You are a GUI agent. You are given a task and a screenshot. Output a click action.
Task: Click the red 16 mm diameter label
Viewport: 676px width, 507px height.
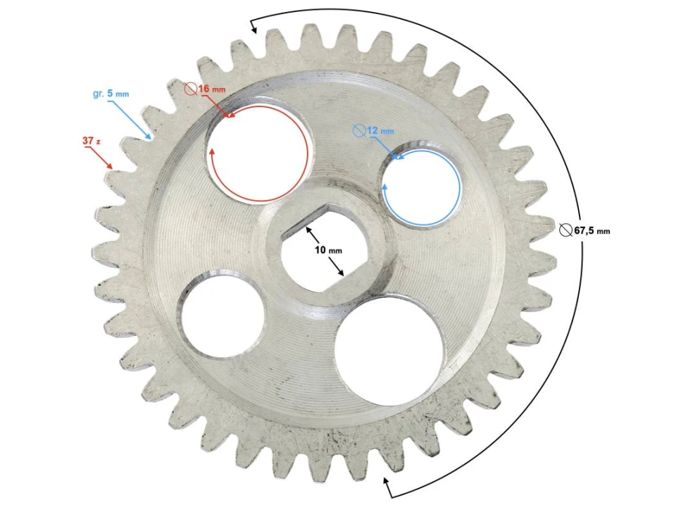[x=211, y=89]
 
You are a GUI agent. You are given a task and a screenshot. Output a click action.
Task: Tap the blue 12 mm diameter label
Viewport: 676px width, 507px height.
[x=380, y=130]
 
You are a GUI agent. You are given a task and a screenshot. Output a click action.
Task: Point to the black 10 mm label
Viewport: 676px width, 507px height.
[x=327, y=251]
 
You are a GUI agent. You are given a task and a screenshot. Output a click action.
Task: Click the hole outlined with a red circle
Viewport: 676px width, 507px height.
[x=257, y=152]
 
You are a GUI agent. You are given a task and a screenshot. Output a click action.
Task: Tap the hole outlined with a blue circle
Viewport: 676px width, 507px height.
[x=421, y=188]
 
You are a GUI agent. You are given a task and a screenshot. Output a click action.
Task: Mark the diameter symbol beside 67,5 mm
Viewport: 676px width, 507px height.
[x=566, y=230]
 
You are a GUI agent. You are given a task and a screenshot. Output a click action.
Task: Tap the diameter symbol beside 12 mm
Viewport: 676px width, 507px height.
[x=359, y=130]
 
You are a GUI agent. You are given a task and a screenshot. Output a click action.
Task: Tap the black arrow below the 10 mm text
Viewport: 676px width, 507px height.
[x=337, y=268]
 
